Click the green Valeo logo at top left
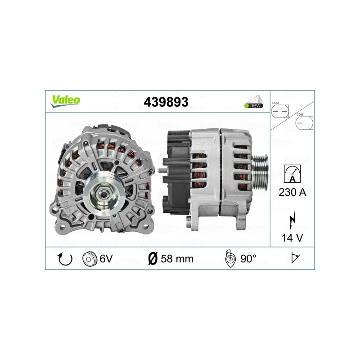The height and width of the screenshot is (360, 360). point(66,100)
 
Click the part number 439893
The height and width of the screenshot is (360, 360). point(166,102)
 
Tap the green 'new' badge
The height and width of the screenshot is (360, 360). point(254,105)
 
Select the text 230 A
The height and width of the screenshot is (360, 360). point(292,193)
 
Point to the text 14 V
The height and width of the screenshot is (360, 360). point(292,238)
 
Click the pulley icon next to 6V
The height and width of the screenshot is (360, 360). point(90,259)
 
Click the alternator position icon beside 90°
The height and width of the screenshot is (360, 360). point(230,259)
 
